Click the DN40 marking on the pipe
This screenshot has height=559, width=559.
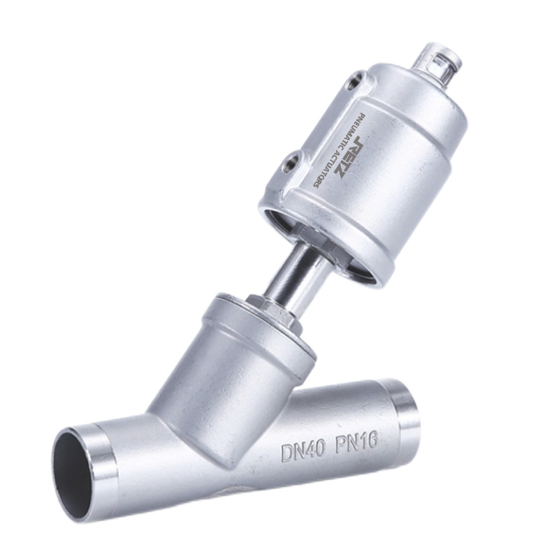[x=303, y=451]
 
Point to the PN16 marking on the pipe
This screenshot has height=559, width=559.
[x=355, y=444]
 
